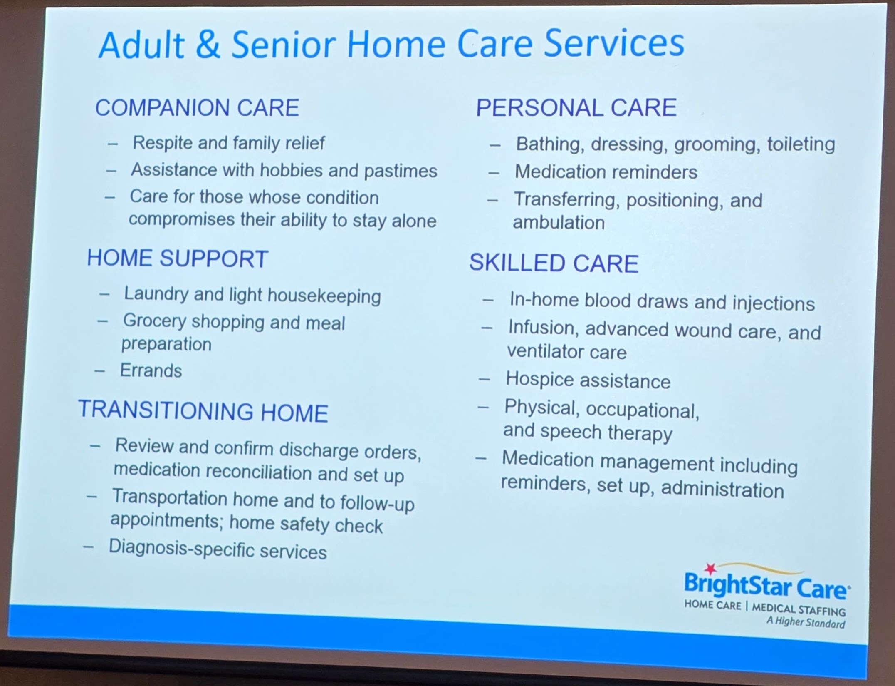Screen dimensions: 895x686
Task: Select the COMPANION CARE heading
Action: (197, 108)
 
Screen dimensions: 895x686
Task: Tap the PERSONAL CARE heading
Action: (576, 107)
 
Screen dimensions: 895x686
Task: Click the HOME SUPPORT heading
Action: (178, 258)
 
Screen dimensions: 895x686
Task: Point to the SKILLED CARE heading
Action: (554, 263)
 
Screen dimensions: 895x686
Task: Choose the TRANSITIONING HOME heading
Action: (203, 410)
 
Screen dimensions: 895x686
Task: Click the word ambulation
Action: (559, 223)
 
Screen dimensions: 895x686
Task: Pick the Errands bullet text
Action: (151, 370)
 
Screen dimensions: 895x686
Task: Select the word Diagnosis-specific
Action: (181, 549)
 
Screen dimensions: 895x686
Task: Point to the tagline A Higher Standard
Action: (806, 622)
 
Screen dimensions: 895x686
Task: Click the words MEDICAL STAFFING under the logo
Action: (799, 609)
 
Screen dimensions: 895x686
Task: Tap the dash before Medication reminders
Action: (494, 172)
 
